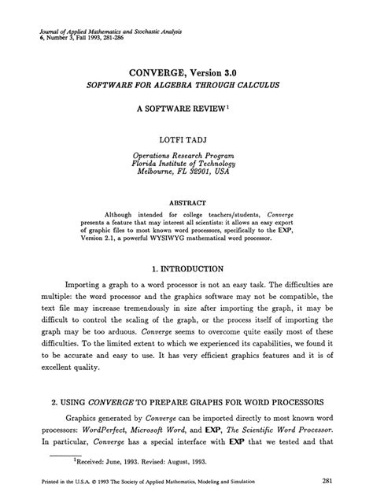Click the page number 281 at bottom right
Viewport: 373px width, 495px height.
331,479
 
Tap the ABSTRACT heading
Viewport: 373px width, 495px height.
186,201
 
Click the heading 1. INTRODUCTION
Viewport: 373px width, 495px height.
186,268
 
